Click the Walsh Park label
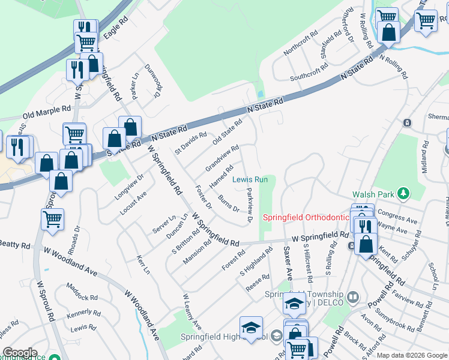(x=372, y=194)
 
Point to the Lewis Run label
(x=250, y=179)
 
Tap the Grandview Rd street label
(x=222, y=157)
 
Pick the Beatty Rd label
(x=14, y=245)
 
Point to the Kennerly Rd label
(x=83, y=313)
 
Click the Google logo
(x=19, y=353)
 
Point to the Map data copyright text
(x=412, y=355)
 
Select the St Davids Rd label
(x=190, y=142)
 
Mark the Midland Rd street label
(x=425, y=157)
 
